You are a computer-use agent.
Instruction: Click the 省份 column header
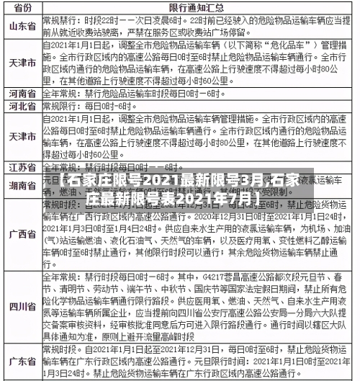click(x=22, y=7)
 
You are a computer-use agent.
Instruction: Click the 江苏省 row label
click(x=22, y=167)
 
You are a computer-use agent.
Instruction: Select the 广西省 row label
click(x=22, y=234)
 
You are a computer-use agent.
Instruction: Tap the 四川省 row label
click(x=22, y=306)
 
